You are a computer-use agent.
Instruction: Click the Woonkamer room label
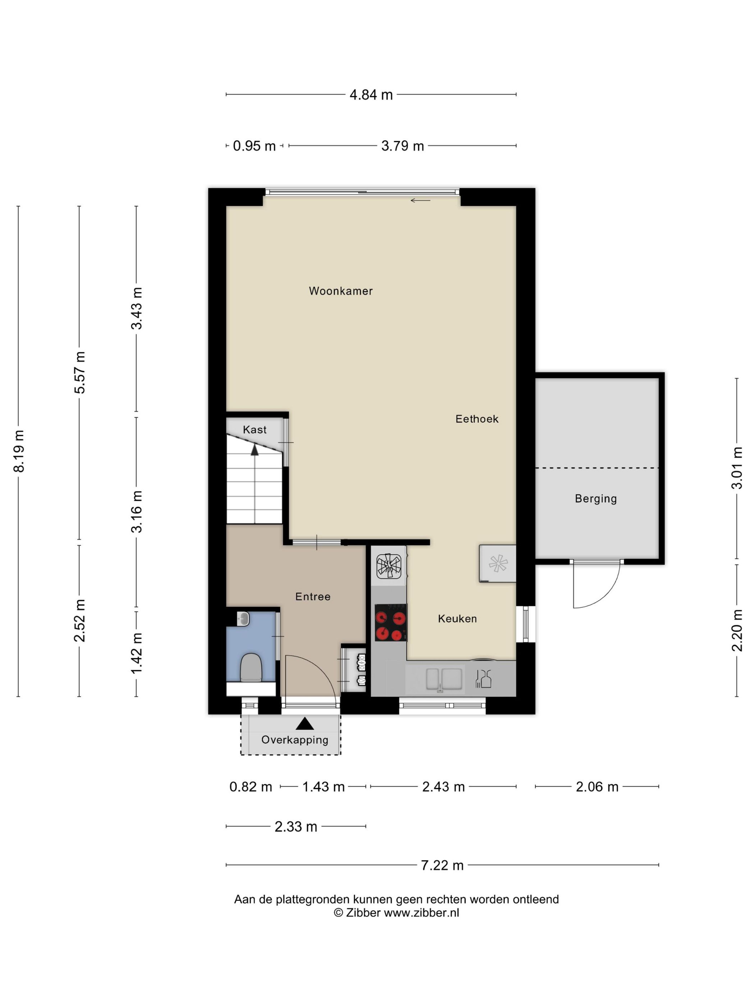pos(340,291)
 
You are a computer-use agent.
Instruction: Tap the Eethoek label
pos(477,419)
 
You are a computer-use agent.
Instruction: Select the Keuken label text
pos(457,619)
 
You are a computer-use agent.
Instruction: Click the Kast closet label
pos(255,429)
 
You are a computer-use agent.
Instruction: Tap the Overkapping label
pos(294,740)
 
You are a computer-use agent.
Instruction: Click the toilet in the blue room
pos(250,667)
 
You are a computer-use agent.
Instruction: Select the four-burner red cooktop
pos(390,622)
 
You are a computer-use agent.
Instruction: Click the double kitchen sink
pos(444,679)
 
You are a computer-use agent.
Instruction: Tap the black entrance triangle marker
pos(305,724)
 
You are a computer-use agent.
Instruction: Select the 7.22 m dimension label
pos(442,865)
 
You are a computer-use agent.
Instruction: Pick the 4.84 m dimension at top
pos(371,94)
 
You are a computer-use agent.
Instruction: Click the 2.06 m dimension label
pos(597,787)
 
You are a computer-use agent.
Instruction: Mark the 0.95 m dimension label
pos(255,146)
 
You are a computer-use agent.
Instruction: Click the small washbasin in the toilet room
pos(243,619)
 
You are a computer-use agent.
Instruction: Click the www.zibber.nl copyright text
pos(397,912)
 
